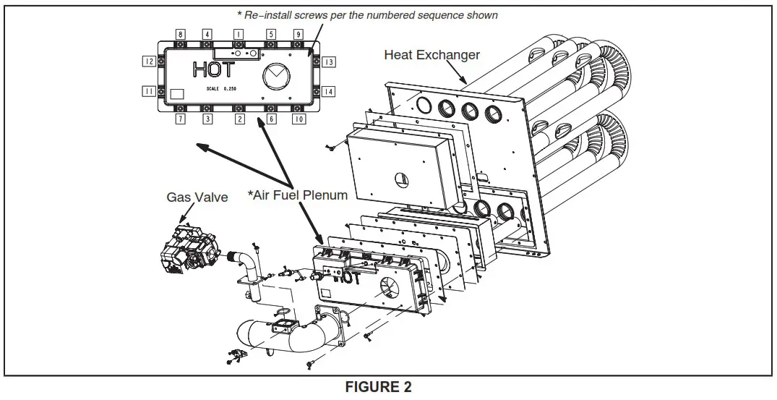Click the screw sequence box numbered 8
181,34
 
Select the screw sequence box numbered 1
238,34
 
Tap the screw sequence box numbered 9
298,34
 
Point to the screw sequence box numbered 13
329,62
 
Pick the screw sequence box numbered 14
329,91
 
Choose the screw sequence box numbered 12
149,62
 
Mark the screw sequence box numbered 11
149,91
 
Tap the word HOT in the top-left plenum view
213,70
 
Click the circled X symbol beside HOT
275,75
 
